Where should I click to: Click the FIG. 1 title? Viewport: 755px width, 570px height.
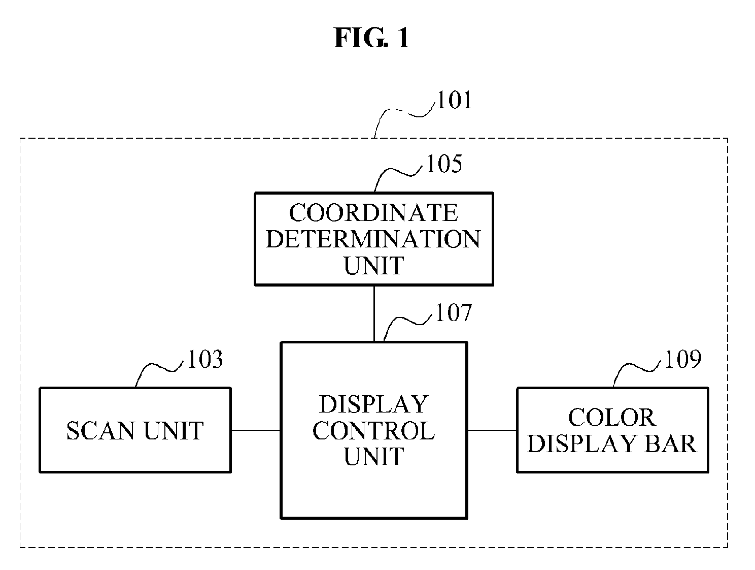pos(372,38)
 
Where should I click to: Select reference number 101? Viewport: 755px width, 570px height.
pos(454,100)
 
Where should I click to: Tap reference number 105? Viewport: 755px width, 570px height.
pos(444,164)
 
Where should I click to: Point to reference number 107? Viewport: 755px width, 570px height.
pos(453,313)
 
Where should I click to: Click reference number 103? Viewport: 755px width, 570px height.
pos(205,359)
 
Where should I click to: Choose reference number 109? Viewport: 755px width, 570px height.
pos(683,359)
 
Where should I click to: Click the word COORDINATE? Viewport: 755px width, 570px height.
pos(373,212)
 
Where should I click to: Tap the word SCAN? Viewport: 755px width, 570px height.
pos(100,430)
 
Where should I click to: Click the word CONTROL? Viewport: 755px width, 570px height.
pos(374,430)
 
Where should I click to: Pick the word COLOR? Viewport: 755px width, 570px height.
pos(612,418)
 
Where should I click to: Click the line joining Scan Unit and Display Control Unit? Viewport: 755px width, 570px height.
pos(256,430)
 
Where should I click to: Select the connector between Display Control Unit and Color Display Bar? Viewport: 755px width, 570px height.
pos(492,430)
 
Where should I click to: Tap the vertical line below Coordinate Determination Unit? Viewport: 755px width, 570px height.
pos(374,313)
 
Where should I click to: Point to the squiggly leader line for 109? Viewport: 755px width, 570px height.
pos(637,368)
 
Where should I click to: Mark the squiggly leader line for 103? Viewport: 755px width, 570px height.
pos(159,368)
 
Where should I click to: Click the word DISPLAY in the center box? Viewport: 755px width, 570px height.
pos(374,404)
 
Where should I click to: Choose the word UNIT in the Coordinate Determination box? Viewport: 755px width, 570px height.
pos(374,266)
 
